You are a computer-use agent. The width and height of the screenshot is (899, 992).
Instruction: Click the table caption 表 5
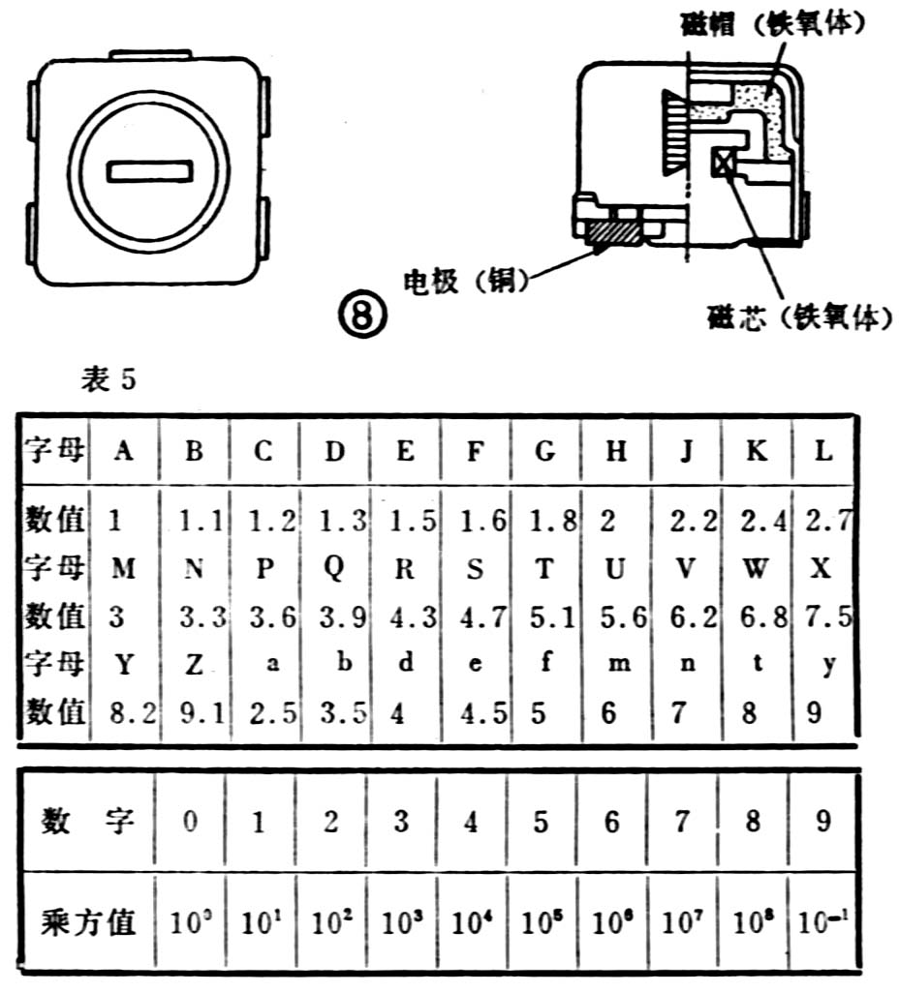(108, 380)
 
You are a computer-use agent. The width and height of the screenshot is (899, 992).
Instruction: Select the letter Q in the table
(332, 570)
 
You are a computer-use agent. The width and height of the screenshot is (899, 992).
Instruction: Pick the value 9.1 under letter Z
(194, 713)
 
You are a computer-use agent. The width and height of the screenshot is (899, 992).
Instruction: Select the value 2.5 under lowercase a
(263, 713)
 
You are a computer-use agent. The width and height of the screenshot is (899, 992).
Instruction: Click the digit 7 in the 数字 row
(682, 823)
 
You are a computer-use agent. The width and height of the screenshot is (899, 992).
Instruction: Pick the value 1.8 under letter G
(543, 522)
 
